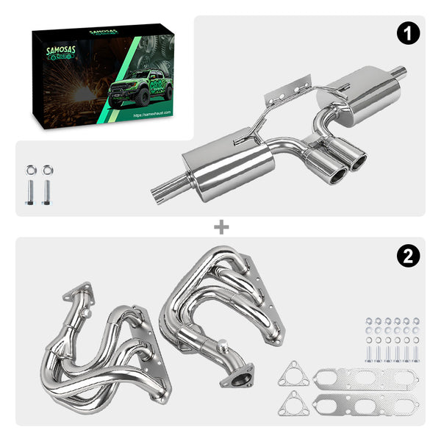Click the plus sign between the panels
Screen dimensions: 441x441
point(220,227)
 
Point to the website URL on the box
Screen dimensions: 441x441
point(153,115)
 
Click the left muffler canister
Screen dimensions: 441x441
point(228,163)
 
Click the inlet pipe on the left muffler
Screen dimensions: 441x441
point(165,194)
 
